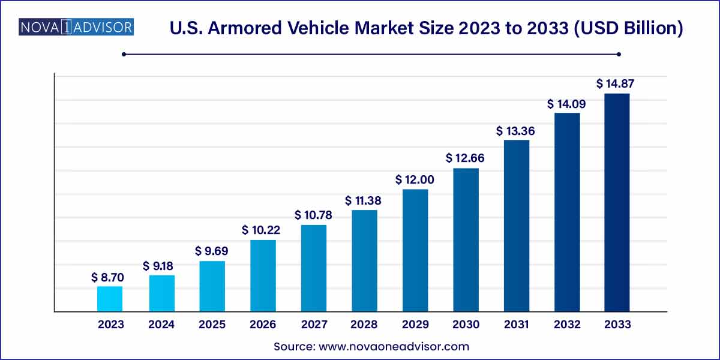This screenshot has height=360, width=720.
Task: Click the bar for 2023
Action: pyautogui.click(x=110, y=299)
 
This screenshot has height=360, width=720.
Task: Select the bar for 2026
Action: pyautogui.click(x=263, y=276)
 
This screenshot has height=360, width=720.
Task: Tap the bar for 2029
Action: pyautogui.click(x=415, y=251)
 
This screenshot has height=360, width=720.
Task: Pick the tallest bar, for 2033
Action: pyautogui.click(x=617, y=203)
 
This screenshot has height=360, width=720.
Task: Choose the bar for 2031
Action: pyautogui.click(x=516, y=226)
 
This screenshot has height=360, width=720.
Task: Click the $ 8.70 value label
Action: pyautogui.click(x=108, y=277)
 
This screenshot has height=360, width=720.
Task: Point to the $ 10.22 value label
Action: pyautogui.click(x=262, y=230)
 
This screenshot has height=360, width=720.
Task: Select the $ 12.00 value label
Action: pyautogui.click(x=415, y=179)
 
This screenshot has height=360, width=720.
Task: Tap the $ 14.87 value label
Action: pyautogui.click(x=616, y=84)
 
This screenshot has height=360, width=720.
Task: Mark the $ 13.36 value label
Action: pyautogui.click(x=515, y=130)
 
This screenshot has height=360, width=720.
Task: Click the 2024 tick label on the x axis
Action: pyautogui.click(x=161, y=325)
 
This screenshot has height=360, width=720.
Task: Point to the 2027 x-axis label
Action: pyautogui.click(x=314, y=325)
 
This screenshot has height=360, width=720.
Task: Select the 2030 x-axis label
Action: pyautogui.click(x=466, y=325)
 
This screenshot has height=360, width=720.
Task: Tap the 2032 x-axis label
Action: pyautogui.click(x=567, y=325)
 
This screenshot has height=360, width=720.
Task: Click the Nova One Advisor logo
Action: pyautogui.click(x=76, y=27)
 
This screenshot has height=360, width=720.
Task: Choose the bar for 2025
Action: pyautogui.click(x=212, y=286)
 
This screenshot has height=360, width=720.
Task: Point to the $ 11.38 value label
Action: pyautogui.click(x=364, y=200)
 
